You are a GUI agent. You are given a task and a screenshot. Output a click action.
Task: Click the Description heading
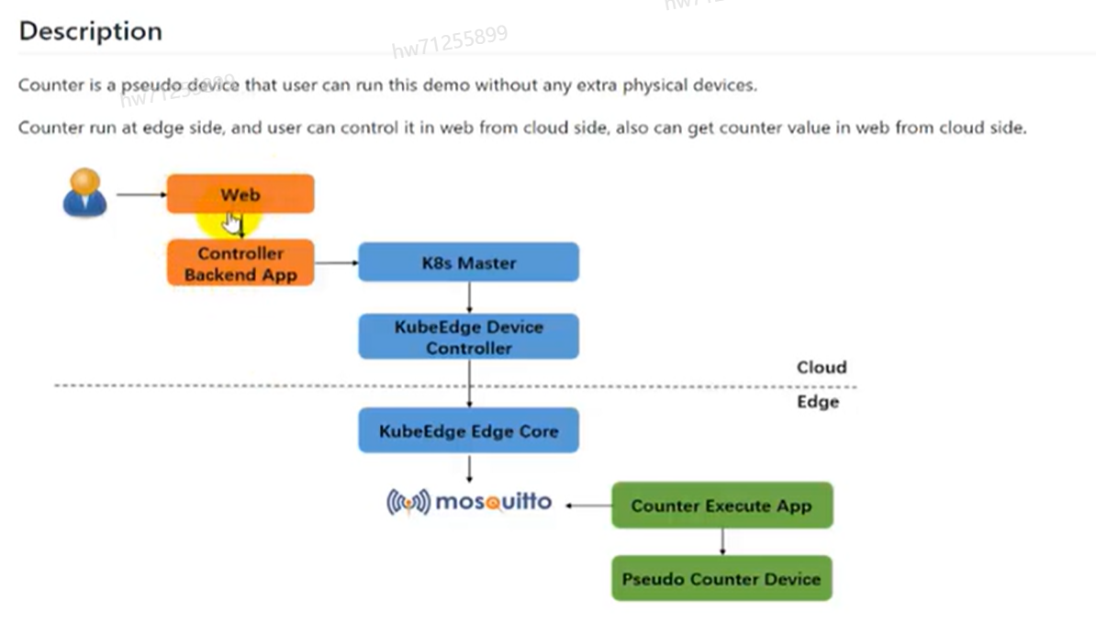coord(90,31)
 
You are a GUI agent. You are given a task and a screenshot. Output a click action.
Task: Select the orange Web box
coord(240,195)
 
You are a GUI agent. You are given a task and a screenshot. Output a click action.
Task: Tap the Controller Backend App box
coord(240,263)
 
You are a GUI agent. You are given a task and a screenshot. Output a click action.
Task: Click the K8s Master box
coord(468,262)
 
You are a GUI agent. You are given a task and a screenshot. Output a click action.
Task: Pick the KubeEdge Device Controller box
coord(468,337)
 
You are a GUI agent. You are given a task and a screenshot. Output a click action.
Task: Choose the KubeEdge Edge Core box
coord(468,430)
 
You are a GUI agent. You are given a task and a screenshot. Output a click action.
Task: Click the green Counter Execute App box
coord(721,506)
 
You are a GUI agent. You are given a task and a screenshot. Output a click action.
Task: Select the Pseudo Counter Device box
coord(721,579)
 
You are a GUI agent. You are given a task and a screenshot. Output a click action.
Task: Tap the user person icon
coord(84,193)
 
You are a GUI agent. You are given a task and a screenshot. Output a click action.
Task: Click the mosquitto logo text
coord(493,502)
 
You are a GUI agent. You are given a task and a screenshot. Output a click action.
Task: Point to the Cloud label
coord(821,367)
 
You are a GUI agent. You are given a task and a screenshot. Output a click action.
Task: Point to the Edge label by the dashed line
coord(817,402)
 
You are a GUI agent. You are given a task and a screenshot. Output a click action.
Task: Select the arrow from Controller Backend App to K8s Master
coord(335,262)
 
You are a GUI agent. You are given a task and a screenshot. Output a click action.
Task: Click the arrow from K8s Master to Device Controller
coord(469,296)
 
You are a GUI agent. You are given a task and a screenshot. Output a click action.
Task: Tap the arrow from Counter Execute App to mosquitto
coord(587,506)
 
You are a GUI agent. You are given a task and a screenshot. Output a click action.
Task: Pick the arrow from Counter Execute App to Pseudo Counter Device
coord(722,541)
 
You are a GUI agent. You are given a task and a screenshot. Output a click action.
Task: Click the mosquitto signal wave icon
coord(408,502)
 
